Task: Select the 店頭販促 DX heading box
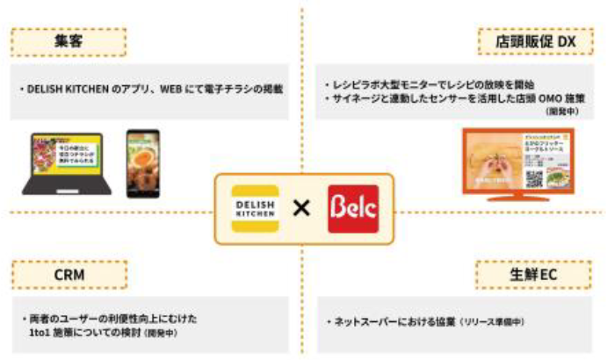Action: pos(536,40)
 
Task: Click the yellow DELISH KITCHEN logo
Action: pos(254,209)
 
